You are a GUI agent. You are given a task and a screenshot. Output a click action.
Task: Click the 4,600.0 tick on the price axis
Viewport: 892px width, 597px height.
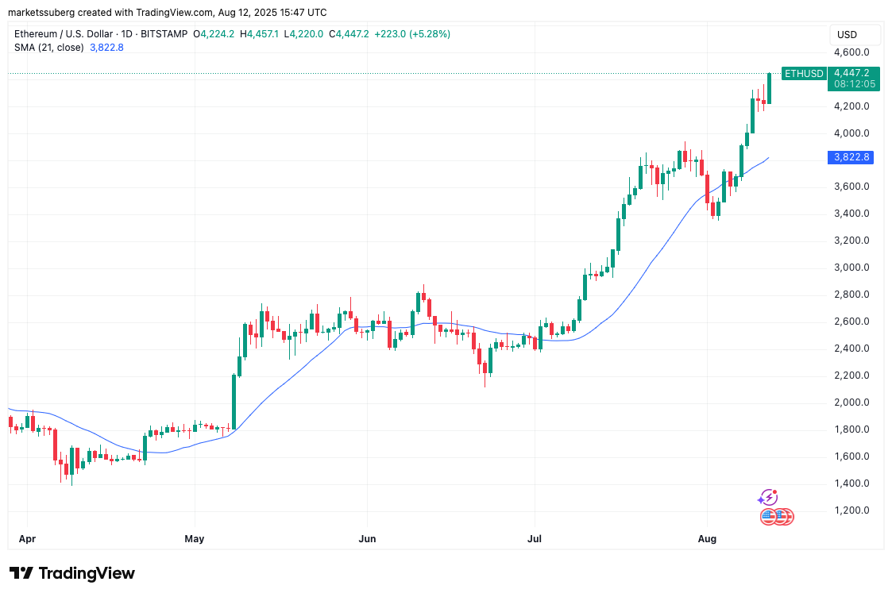click(851, 52)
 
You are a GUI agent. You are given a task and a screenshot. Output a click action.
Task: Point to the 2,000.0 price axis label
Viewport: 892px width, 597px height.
click(851, 402)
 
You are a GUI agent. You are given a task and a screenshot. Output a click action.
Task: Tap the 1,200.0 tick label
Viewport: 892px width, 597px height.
click(851, 510)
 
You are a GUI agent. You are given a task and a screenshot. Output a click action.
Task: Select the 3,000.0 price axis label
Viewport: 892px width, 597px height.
click(851, 268)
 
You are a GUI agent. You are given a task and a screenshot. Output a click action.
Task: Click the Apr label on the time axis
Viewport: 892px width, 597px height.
click(27, 539)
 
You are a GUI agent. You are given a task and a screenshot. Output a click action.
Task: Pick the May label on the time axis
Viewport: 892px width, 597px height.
click(195, 539)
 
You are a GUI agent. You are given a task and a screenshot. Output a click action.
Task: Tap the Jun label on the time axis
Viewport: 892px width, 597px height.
click(367, 539)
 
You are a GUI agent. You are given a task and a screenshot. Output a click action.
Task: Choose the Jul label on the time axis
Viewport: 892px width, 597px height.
click(535, 539)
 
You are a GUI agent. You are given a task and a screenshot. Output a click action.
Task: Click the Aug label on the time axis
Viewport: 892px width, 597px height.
click(707, 539)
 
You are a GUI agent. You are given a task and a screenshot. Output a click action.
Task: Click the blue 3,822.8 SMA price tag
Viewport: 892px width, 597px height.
click(851, 157)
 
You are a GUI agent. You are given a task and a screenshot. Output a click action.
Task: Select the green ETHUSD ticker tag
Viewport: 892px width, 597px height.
click(803, 73)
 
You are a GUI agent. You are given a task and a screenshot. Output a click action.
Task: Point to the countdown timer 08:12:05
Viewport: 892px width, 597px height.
click(855, 83)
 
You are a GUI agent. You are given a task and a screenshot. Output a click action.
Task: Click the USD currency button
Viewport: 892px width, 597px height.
click(848, 35)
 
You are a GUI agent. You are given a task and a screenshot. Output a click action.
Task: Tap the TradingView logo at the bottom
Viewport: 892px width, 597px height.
click(72, 573)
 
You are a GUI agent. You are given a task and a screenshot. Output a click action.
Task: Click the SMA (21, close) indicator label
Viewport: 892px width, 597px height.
click(48, 47)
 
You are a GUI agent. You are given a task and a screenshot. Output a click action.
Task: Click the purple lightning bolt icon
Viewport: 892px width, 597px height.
click(767, 498)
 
